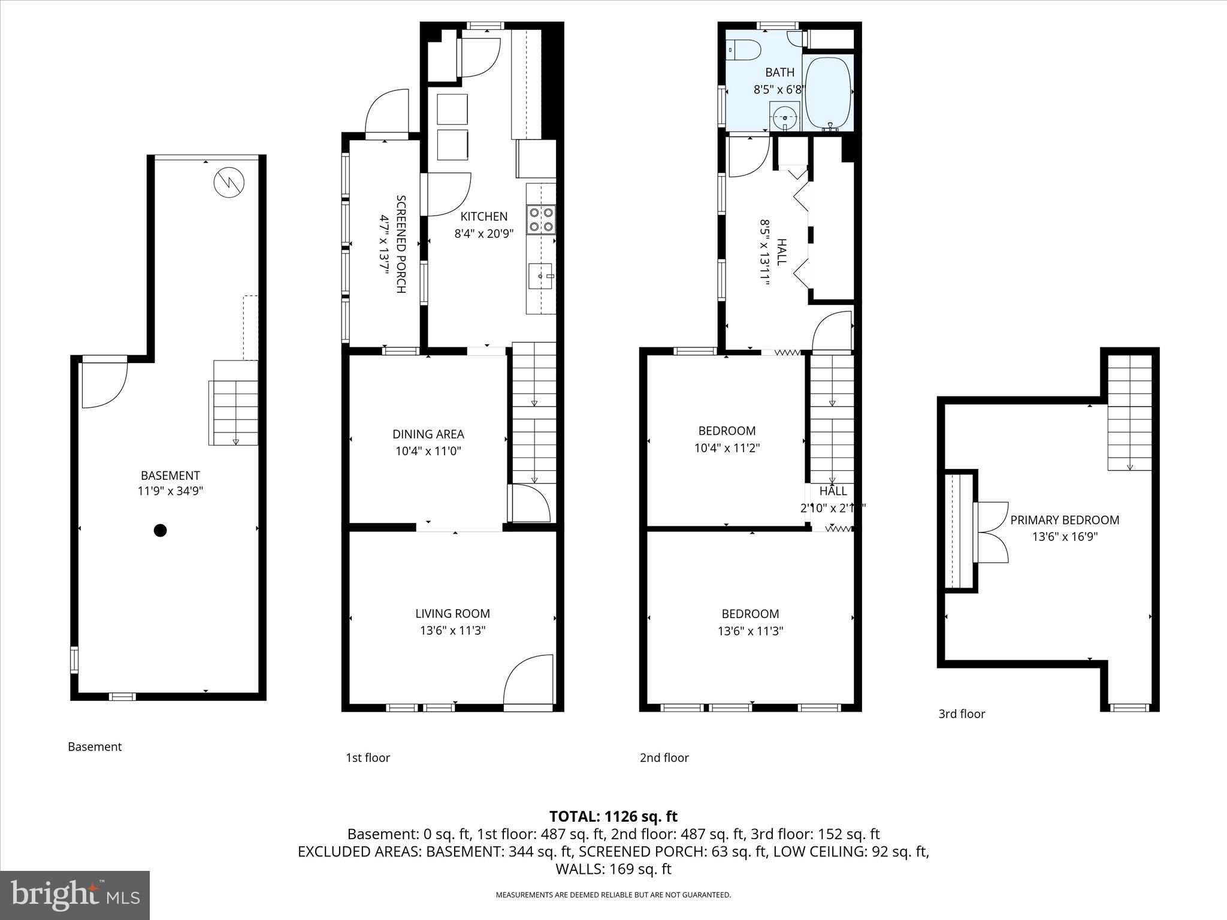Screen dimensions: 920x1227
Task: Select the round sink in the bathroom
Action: pos(784,117)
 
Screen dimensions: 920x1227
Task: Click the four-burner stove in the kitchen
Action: pos(540,219)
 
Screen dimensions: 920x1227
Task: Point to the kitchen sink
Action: pos(541,276)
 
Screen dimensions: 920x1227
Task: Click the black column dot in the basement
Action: pos(160,530)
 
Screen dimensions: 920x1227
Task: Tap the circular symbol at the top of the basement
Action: pos(229,182)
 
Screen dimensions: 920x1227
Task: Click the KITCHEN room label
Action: pos(483,216)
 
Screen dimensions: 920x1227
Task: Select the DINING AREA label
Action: pos(428,434)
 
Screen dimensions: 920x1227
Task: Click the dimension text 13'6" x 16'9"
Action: pos(1065,537)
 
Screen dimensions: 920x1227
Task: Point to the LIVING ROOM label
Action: pos(452,613)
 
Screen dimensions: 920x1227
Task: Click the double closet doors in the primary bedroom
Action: pos(992,532)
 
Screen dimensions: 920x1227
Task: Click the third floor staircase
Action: pos(1129,413)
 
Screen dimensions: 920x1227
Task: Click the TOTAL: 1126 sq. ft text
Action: pos(613,816)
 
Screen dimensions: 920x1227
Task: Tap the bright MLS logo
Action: pos(75,895)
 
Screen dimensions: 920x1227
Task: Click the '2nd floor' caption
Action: pos(664,758)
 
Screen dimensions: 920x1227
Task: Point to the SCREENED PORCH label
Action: pos(401,244)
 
